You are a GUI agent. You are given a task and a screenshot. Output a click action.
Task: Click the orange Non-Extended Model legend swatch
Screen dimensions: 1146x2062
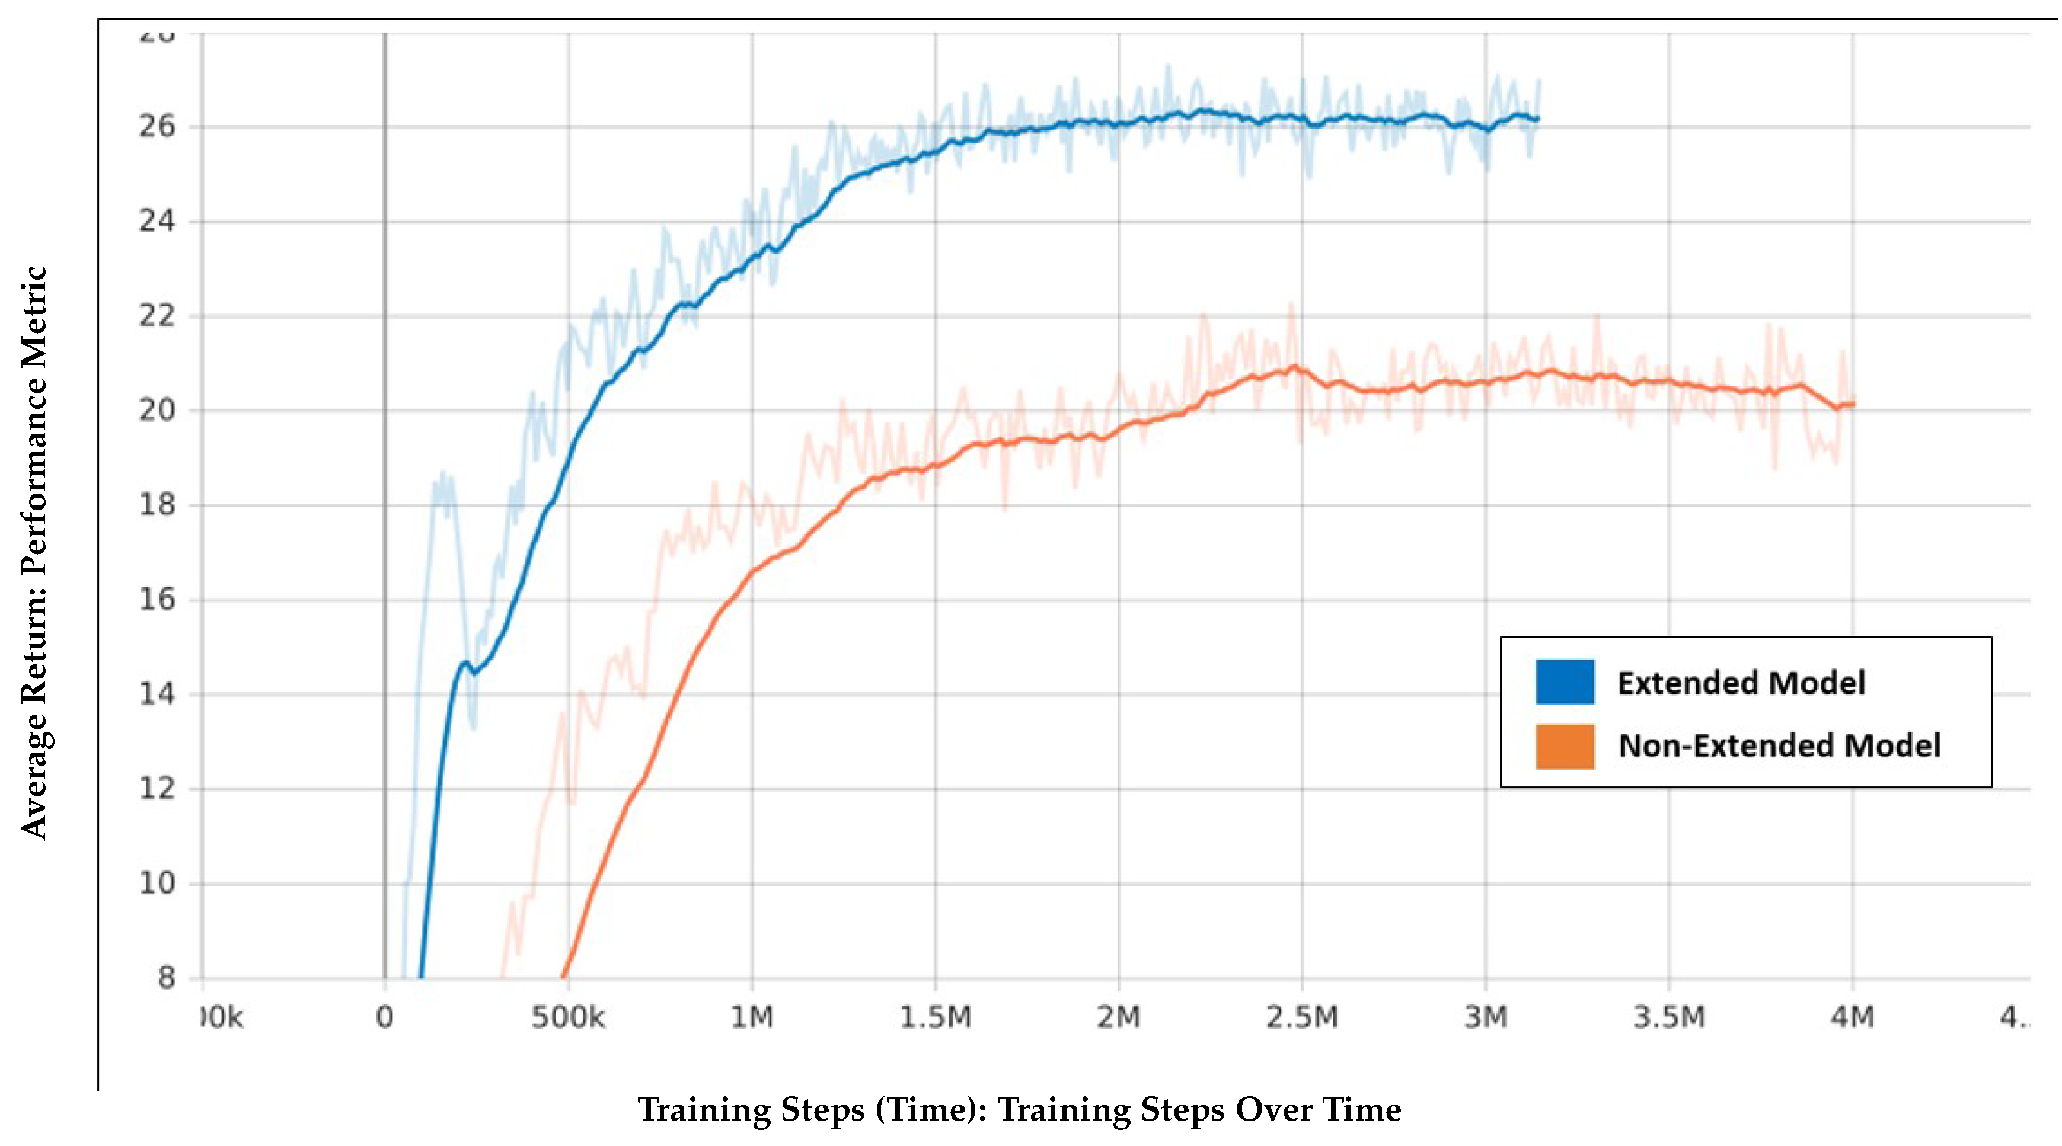pyautogui.click(x=1564, y=746)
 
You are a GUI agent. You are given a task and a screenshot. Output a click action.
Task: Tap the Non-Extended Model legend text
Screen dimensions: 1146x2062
pyautogui.click(x=1779, y=746)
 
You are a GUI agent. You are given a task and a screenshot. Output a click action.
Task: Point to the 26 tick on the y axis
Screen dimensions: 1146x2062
pyautogui.click(x=157, y=126)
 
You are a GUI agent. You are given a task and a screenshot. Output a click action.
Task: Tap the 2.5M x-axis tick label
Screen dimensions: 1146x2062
pyautogui.click(x=1301, y=1017)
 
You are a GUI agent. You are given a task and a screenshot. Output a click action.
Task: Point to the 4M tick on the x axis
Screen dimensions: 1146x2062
pyautogui.click(x=1852, y=1017)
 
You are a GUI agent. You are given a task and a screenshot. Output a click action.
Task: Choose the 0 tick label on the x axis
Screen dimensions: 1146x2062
pyautogui.click(x=384, y=1017)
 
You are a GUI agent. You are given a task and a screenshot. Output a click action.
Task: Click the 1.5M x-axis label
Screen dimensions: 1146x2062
pyautogui.click(x=935, y=1017)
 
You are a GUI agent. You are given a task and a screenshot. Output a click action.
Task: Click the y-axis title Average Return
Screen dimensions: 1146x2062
pyautogui.click(x=34, y=552)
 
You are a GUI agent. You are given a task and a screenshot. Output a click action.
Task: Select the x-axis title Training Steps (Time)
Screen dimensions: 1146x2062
pyautogui.click(x=1018, y=1109)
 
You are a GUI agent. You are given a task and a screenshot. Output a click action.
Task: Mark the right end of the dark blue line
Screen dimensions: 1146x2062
pyautogui.click(x=1537, y=119)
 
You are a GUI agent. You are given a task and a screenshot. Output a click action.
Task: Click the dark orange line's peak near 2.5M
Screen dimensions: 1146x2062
pyautogui.click(x=1294, y=367)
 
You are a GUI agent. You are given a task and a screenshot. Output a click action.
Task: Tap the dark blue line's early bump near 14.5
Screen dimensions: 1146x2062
pyautogui.click(x=464, y=662)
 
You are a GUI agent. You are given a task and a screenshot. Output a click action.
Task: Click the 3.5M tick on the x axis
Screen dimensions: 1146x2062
pyautogui.click(x=1669, y=1017)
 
